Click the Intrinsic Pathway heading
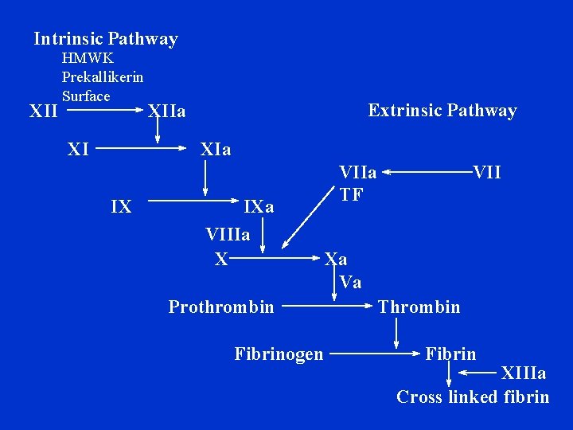tap(106, 38)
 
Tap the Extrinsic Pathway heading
tap(442, 111)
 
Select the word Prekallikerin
tap(103, 77)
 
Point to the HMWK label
tap(88, 58)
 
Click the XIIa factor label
tap(167, 111)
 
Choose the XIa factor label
tap(216, 149)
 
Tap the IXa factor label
tap(259, 207)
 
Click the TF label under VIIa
tap(351, 193)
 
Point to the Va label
tap(350, 282)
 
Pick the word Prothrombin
tap(221, 307)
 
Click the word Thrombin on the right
tap(419, 307)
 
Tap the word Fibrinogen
tap(279, 354)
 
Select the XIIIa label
tap(523, 373)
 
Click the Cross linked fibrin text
tap(473, 397)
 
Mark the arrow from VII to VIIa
tap(428, 171)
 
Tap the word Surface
tap(86, 96)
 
